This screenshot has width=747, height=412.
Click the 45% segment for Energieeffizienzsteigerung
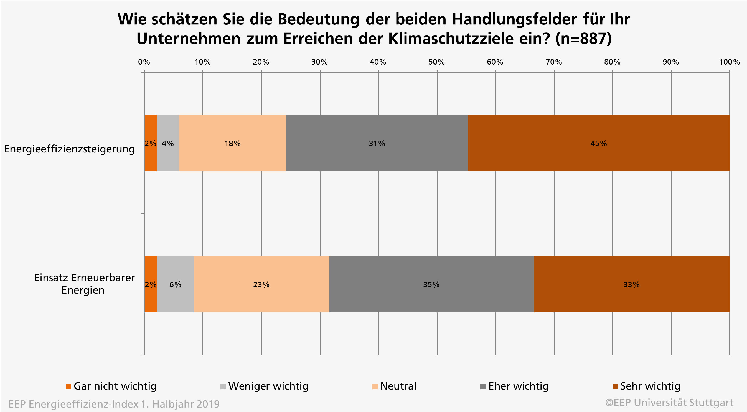pos(599,143)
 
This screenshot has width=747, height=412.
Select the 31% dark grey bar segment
pos(377,143)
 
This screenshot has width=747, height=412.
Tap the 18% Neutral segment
pos(233,143)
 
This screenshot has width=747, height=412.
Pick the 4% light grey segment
pos(168,143)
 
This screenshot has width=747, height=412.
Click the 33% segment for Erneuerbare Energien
pos(631,284)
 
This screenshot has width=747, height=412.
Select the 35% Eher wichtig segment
pos(431,284)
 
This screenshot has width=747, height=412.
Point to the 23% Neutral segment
pos(261,284)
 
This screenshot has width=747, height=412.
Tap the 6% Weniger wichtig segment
pos(176,284)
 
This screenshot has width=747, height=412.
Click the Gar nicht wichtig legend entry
pos(111,386)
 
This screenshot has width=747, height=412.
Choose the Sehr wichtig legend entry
pos(646,386)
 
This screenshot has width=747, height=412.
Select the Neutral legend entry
pos(394,386)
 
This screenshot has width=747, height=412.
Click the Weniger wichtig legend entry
pos(265,386)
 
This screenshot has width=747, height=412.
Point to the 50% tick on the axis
pos(436,62)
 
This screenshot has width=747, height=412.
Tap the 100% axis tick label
pos(729,62)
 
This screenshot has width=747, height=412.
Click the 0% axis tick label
pos(144,62)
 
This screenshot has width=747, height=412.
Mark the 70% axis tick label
pos(553,62)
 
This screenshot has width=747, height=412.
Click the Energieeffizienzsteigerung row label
pos(69,149)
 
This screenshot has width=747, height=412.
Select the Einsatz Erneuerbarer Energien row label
pos(84,284)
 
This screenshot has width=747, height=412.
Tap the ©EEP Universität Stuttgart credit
pos(669,403)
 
